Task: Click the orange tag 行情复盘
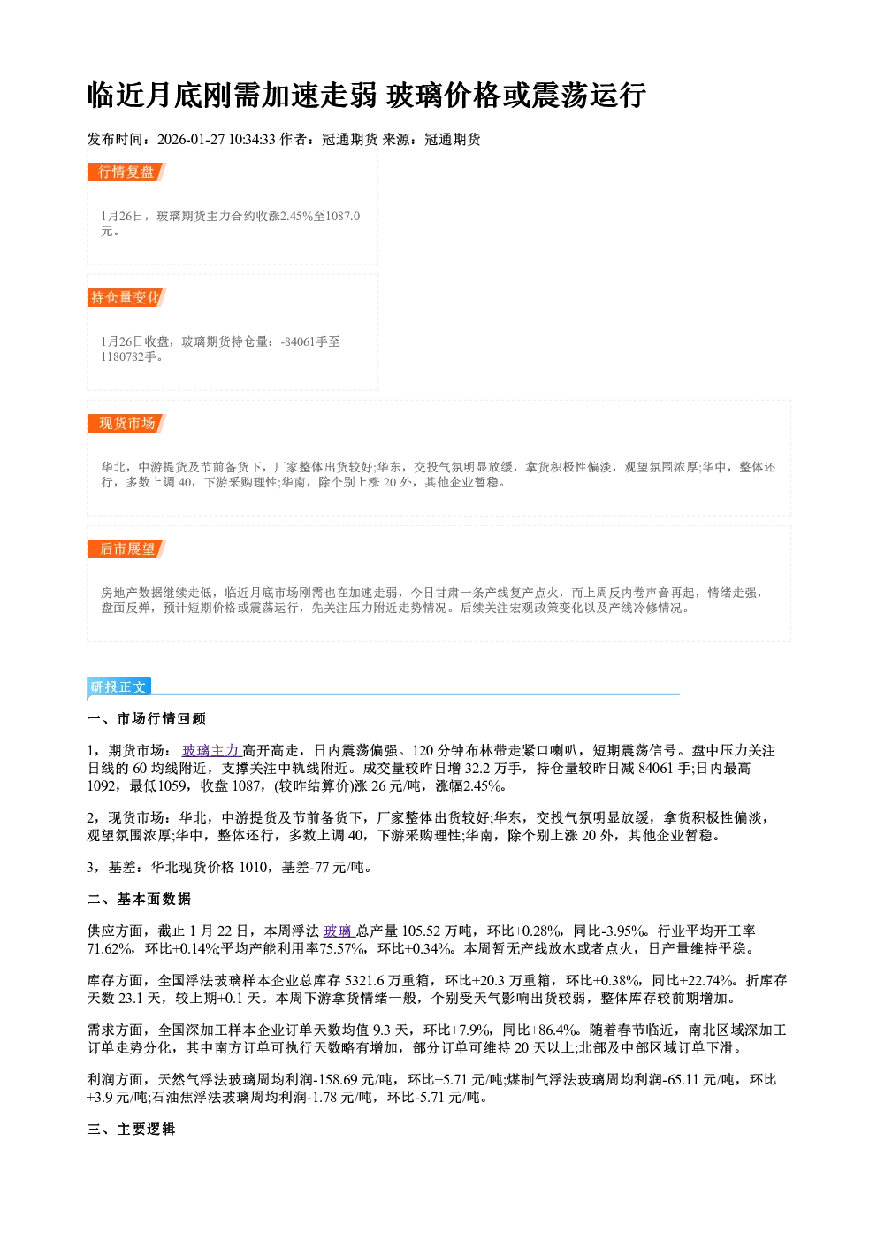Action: (126, 172)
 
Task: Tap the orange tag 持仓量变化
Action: (126, 297)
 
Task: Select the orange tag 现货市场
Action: (126, 424)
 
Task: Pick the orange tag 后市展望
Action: (126, 549)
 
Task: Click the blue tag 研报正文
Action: (118, 687)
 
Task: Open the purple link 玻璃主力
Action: (211, 751)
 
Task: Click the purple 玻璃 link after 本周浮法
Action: (338, 931)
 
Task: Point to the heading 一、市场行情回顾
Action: (146, 719)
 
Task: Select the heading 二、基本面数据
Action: (139, 900)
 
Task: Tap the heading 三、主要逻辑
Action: (131, 1129)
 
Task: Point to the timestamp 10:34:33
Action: (252, 140)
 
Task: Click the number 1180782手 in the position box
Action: (132, 356)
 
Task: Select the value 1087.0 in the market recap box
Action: (342, 216)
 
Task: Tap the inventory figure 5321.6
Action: (363, 981)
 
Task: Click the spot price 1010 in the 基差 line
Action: (253, 868)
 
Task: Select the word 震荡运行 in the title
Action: (588, 96)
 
